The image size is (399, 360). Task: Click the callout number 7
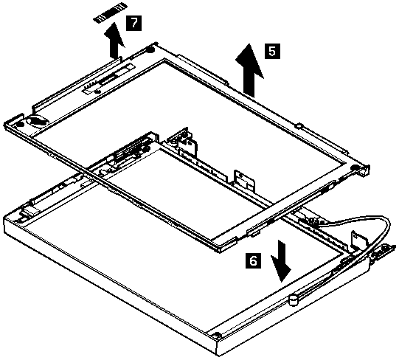[133, 23]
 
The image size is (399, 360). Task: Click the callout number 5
[272, 51]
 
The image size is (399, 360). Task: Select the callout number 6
[253, 260]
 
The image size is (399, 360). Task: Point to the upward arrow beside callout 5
[249, 70]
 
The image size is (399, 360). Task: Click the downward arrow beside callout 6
[281, 261]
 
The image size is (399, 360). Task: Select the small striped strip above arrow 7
[110, 17]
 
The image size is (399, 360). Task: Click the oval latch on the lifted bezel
[38, 121]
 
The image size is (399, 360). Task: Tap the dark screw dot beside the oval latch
[20, 125]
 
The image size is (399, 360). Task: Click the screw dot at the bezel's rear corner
[150, 49]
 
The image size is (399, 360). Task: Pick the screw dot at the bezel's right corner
[354, 167]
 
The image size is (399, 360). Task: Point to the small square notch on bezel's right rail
[299, 125]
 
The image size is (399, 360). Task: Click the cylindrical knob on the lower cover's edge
[294, 300]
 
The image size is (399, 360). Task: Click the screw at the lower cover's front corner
[217, 334]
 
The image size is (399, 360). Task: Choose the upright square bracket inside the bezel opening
[245, 180]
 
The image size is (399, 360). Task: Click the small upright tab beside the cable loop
[359, 239]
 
